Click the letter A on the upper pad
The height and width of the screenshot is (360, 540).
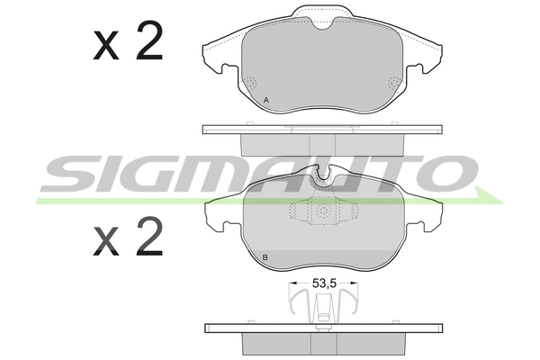click(265, 100)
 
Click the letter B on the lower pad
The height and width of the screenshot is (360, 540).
click(265, 257)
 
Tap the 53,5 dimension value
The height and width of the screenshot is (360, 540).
click(324, 283)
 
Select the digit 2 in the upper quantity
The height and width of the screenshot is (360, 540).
click(149, 40)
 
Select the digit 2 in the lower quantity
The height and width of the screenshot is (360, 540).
click(149, 236)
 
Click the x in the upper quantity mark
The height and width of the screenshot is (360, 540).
click(105, 45)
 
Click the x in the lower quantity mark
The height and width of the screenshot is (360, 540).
click(105, 241)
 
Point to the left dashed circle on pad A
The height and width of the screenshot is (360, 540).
click(250, 83)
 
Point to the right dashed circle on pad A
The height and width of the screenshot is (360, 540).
click(394, 83)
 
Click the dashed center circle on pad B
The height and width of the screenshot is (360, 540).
click(324, 211)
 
